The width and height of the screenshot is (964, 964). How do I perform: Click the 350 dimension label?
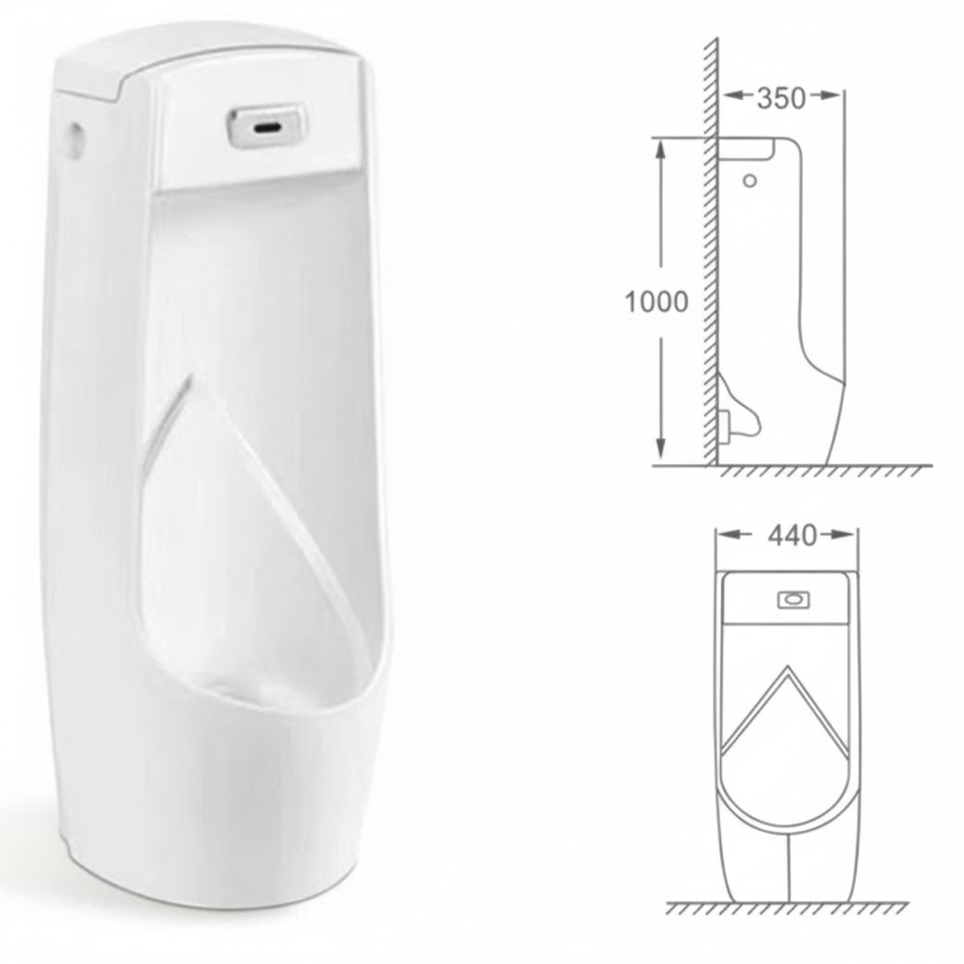click(781, 98)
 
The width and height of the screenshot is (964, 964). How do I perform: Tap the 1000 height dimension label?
click(656, 302)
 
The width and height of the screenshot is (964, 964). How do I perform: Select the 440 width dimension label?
click(792, 536)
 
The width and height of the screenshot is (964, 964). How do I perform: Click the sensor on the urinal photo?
click(266, 126)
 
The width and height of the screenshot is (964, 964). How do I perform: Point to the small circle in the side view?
click(749, 180)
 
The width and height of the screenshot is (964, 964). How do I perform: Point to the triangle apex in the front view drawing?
click(785, 669)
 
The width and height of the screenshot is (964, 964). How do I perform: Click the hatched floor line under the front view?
click(786, 908)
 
